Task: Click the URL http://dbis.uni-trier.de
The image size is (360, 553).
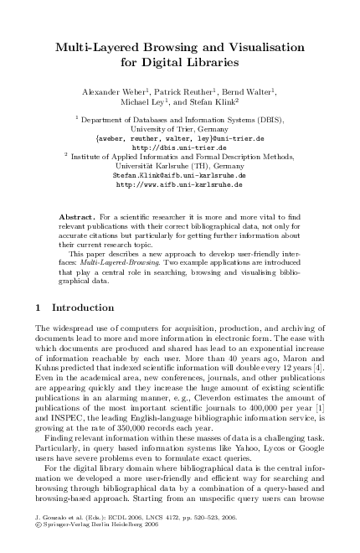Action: (x=179, y=147)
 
